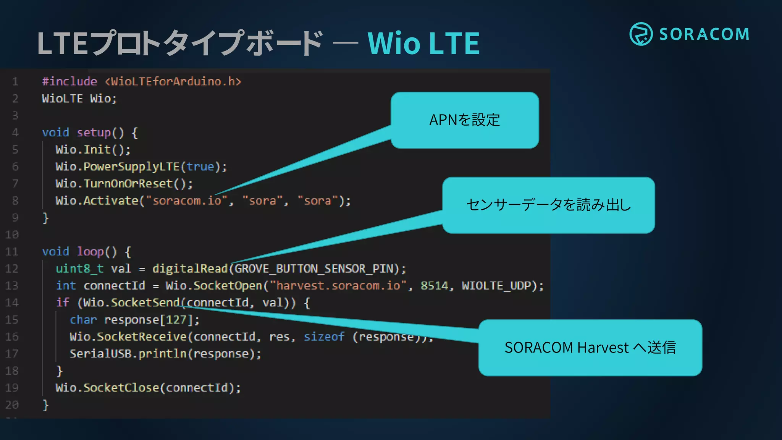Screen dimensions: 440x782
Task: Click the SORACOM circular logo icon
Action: tap(641, 34)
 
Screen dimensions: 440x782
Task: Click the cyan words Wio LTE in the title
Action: tap(423, 43)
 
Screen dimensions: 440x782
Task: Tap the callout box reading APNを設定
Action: tap(464, 120)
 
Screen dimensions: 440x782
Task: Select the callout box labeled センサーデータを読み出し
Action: tap(548, 205)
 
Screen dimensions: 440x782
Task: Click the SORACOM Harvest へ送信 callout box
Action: tap(590, 348)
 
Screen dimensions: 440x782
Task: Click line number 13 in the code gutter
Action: tap(12, 286)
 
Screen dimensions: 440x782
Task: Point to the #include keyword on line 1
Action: tap(69, 81)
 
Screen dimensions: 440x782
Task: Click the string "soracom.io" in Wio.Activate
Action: tap(187, 201)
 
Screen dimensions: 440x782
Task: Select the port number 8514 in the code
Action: tap(434, 286)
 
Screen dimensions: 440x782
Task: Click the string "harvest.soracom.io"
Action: tap(338, 286)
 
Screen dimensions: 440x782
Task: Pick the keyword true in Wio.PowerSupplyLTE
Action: tap(200, 167)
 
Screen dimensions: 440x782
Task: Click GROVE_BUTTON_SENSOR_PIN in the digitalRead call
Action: tap(314, 269)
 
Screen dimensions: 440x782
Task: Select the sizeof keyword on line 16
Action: tap(324, 336)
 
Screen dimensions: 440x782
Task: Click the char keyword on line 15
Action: tap(83, 320)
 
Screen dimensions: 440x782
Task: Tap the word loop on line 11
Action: tap(90, 252)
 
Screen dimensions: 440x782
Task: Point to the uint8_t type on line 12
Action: tap(79, 269)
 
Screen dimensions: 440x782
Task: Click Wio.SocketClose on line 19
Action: tap(107, 388)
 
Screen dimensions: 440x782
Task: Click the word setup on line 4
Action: tap(94, 133)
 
